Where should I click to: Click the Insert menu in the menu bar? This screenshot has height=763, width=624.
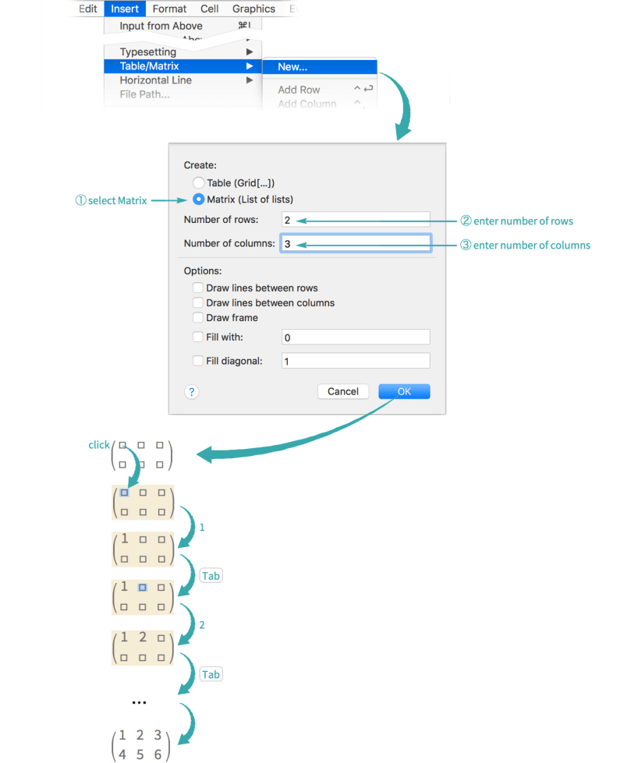(x=125, y=9)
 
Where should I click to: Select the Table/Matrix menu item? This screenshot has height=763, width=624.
(x=149, y=66)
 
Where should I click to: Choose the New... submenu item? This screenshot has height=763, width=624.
(x=292, y=67)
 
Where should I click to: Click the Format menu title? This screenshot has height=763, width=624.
(x=169, y=9)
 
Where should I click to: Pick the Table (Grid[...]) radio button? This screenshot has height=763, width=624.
(x=198, y=183)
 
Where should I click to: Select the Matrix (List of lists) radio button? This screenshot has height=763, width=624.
(x=198, y=199)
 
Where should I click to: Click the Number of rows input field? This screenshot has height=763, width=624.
(x=355, y=221)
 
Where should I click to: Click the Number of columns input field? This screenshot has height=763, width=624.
(x=355, y=244)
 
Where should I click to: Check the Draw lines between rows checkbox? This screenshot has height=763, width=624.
(x=198, y=288)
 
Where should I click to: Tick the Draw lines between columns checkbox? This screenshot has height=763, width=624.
(x=198, y=302)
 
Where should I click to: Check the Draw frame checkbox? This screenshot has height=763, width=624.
(x=198, y=317)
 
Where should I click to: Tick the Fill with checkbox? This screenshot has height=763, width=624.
(x=198, y=337)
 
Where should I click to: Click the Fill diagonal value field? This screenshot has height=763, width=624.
(x=355, y=361)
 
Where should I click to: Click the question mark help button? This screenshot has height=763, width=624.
(x=192, y=391)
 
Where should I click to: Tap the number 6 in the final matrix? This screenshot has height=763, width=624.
(x=158, y=754)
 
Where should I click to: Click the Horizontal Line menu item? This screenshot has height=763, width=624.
(x=155, y=80)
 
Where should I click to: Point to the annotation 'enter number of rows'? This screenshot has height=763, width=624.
(x=523, y=221)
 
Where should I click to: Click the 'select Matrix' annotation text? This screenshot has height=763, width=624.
(x=111, y=201)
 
